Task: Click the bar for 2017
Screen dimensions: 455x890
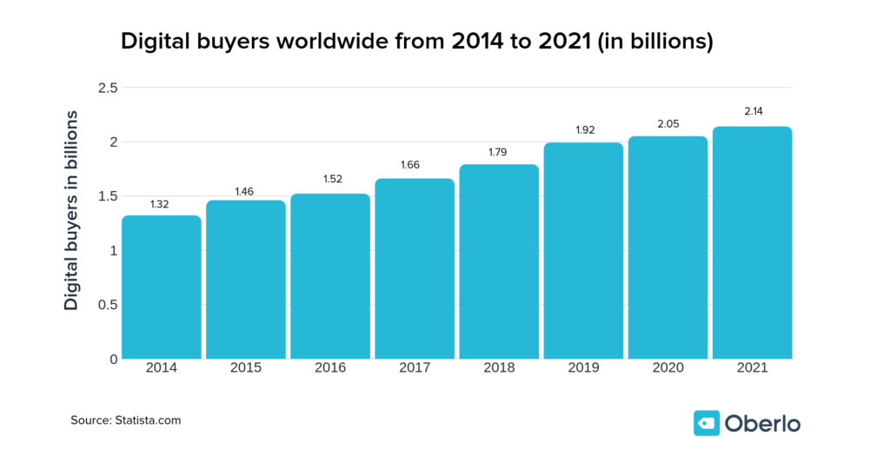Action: (x=415, y=268)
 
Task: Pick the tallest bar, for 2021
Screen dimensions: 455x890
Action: (x=752, y=242)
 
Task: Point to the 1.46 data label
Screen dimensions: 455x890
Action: (x=246, y=189)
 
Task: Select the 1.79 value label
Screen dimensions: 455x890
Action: (x=499, y=153)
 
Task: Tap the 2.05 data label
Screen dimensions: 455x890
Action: (x=667, y=124)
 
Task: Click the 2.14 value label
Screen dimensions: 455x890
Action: (x=752, y=115)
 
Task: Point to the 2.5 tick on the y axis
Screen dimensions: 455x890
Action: (x=107, y=88)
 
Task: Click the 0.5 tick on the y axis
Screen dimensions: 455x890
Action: (x=107, y=305)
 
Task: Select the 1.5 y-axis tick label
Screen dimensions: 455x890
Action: (x=107, y=196)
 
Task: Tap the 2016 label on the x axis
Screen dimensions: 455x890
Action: (x=330, y=368)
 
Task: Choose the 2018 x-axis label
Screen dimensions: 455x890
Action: (x=499, y=368)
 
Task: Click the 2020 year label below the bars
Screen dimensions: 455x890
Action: (x=667, y=368)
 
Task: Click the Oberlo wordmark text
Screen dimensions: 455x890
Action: (x=762, y=423)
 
